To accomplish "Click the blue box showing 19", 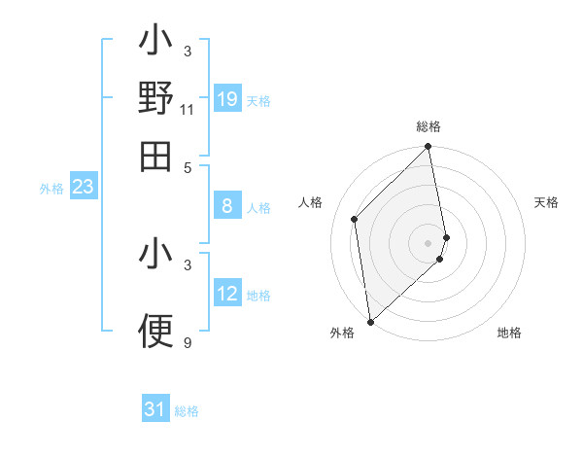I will [227, 99].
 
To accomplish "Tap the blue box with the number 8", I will [227, 206].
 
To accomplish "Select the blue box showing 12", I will [227, 294].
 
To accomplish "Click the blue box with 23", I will [83, 187].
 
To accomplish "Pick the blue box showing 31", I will [155, 409].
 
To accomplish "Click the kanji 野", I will [155, 99].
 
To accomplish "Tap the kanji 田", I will [155, 156].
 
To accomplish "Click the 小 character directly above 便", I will [155, 255].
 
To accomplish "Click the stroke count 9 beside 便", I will [188, 342].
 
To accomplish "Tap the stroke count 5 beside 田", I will [188, 166].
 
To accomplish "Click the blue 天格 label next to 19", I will [258, 100].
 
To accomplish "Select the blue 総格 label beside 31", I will [187, 411].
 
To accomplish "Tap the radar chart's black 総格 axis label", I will [429, 126].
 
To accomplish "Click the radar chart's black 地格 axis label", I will [509, 333].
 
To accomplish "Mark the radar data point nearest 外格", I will [370, 321].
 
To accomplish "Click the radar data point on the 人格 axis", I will [355, 219].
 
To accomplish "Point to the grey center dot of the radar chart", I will [429, 242].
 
